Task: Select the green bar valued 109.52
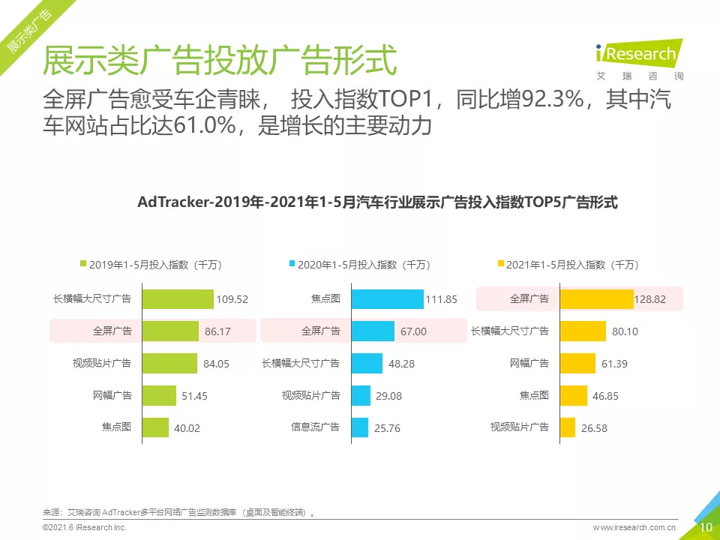pos(178,298)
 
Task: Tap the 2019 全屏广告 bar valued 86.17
pos(169,331)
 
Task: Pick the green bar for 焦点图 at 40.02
pos(155,427)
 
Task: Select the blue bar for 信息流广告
pos(359,427)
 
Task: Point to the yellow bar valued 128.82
pos(596,298)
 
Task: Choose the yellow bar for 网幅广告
pos(577,363)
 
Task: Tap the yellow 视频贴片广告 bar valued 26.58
pos(567,427)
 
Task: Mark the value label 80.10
pos(625,331)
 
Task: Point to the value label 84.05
pos(216,364)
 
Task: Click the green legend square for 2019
pos(83,264)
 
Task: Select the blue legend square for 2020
pos(292,264)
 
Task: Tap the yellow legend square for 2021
pos(500,264)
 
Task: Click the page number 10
pos(705,527)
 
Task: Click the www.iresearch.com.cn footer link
pos(634,528)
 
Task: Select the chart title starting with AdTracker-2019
pos(377,202)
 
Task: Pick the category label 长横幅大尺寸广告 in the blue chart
pos(300,363)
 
